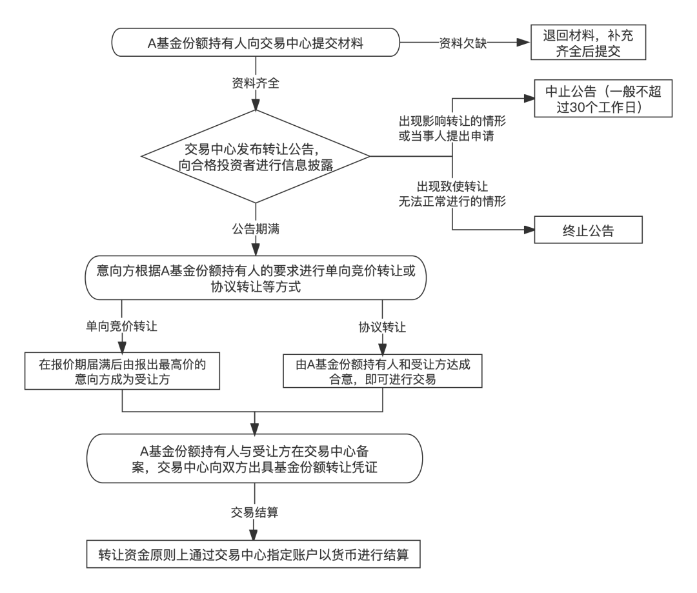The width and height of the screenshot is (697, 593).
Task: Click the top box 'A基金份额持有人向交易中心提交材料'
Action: pos(256,43)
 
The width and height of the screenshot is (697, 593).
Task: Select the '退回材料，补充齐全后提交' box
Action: pos(588,43)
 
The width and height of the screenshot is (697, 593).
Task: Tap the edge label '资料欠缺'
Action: pos(463,43)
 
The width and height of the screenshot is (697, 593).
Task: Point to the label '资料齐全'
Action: pos(256,83)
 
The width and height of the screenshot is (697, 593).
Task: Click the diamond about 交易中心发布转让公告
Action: pos(256,156)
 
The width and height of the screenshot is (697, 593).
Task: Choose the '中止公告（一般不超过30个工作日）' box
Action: pos(603,99)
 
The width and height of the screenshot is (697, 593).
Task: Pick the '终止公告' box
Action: pos(588,230)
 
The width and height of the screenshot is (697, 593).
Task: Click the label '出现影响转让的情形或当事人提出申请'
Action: pos(452,128)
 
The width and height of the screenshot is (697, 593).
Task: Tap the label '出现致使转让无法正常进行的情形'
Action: pos(452,194)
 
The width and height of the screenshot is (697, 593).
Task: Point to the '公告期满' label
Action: pos(256,229)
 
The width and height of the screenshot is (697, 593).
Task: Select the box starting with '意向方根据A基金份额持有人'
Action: pos(256,278)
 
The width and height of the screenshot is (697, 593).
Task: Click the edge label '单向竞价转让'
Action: pos(121,327)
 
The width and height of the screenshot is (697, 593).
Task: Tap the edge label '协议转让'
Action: pos(382,328)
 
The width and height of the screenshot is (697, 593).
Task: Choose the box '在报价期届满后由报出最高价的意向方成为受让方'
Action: pos(122,372)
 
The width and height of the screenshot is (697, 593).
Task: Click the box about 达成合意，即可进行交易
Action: pos(383,371)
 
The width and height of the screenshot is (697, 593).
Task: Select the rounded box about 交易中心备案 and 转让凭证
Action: pos(255,459)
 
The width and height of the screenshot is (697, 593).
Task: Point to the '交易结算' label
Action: pos(255,512)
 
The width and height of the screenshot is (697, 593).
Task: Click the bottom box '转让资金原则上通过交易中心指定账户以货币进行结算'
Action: pos(254,554)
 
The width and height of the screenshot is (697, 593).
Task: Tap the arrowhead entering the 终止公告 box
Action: pos(529,230)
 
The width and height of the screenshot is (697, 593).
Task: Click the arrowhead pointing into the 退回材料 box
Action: pos(525,43)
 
